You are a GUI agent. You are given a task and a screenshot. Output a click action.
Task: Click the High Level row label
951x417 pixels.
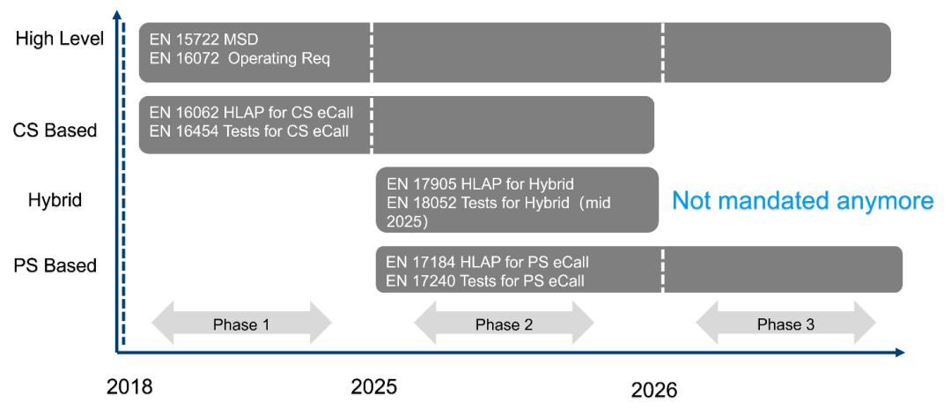59,39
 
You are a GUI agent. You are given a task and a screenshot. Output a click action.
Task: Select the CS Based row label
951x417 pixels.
55,130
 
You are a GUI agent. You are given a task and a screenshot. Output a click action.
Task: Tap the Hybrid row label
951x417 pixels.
55,200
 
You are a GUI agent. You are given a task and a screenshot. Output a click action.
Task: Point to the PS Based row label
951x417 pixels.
55,265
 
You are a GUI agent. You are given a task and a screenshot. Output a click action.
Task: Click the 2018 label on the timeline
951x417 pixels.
130,387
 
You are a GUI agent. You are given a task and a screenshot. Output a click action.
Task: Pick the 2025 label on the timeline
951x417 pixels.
373,387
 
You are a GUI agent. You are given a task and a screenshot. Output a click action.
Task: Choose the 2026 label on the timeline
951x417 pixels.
654,390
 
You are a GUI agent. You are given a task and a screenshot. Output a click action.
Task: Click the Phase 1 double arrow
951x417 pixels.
241,324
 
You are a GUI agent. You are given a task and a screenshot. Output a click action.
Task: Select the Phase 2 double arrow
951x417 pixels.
504,324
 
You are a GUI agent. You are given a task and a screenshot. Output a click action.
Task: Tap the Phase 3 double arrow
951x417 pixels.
785,324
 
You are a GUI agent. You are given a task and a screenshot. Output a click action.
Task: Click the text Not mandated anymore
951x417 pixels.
802,202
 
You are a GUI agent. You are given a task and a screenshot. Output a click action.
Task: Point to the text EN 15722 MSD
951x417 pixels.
203,40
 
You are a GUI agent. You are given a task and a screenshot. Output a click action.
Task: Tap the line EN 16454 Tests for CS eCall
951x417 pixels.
249,132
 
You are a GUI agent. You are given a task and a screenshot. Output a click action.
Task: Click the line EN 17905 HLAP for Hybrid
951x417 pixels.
480,184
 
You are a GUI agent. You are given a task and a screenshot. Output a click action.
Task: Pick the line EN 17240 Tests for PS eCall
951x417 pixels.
486,281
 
